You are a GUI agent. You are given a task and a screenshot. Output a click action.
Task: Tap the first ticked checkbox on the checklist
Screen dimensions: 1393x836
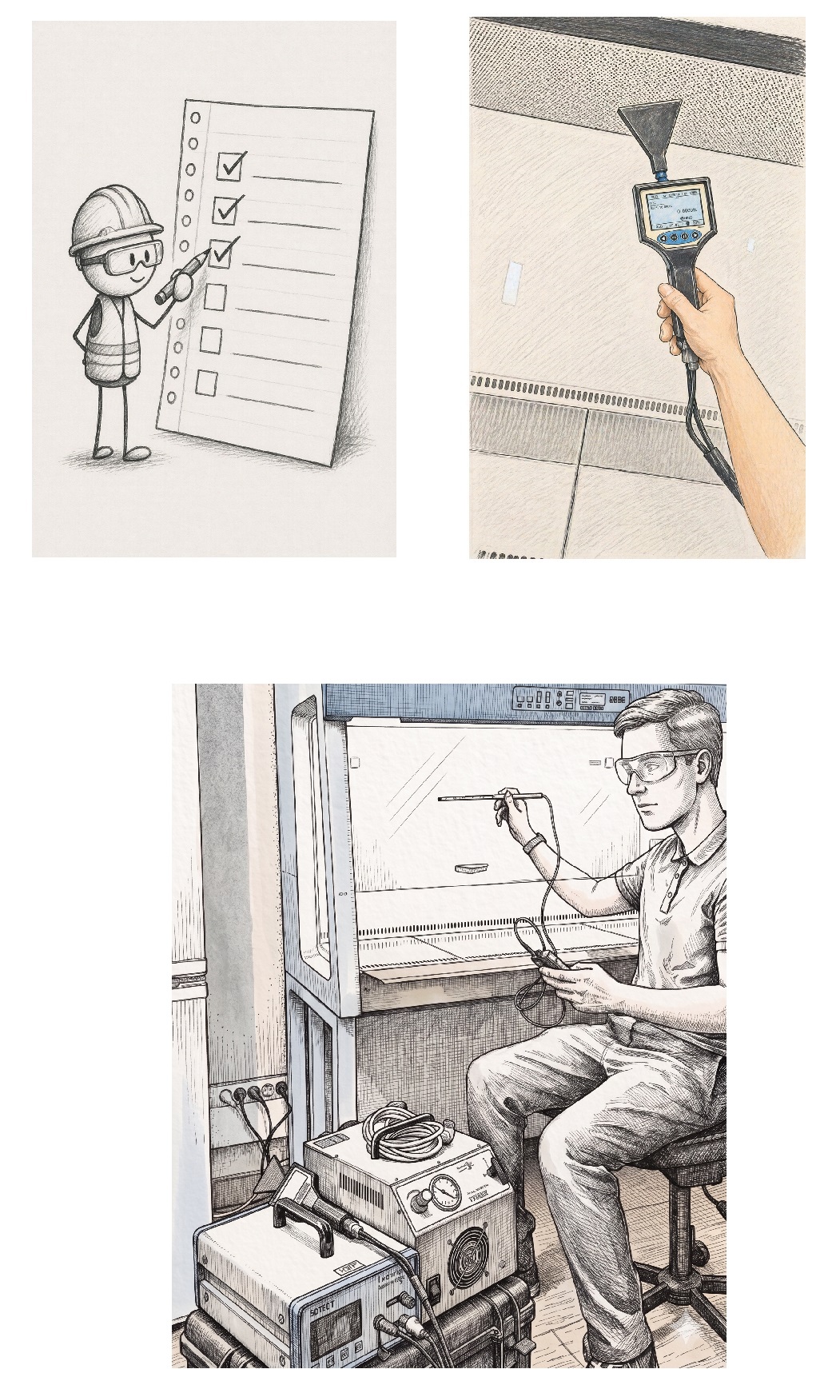click(229, 166)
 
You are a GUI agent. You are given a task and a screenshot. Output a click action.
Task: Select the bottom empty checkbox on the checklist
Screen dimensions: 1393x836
click(206, 384)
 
